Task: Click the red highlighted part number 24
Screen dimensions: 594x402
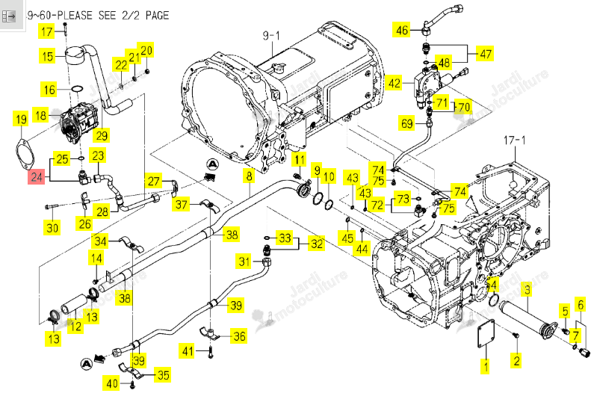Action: click(x=37, y=177)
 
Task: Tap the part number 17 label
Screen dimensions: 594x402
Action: click(x=47, y=31)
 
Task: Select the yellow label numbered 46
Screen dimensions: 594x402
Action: click(x=401, y=30)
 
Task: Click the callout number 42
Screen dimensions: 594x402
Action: click(x=395, y=84)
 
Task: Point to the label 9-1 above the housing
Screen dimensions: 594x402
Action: click(x=271, y=36)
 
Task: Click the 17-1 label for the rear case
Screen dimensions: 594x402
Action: click(x=515, y=140)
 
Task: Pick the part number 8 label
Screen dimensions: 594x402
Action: click(x=250, y=176)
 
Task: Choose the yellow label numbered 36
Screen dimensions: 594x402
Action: click(x=239, y=336)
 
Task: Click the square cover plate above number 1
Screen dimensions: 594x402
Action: click(x=486, y=333)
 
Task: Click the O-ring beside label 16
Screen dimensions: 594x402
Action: click(x=77, y=89)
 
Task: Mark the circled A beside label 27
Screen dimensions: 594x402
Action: click(x=213, y=164)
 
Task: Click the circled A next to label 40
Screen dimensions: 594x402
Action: click(x=87, y=364)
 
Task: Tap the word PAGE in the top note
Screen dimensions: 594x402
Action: click(x=157, y=16)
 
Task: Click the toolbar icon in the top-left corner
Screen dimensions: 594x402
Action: click(x=8, y=16)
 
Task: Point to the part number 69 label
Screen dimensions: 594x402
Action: click(x=407, y=123)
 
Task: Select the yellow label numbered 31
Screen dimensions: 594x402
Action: click(x=244, y=262)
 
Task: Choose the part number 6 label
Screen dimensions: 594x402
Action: click(x=581, y=305)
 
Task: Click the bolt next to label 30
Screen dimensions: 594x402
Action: click(x=52, y=206)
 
